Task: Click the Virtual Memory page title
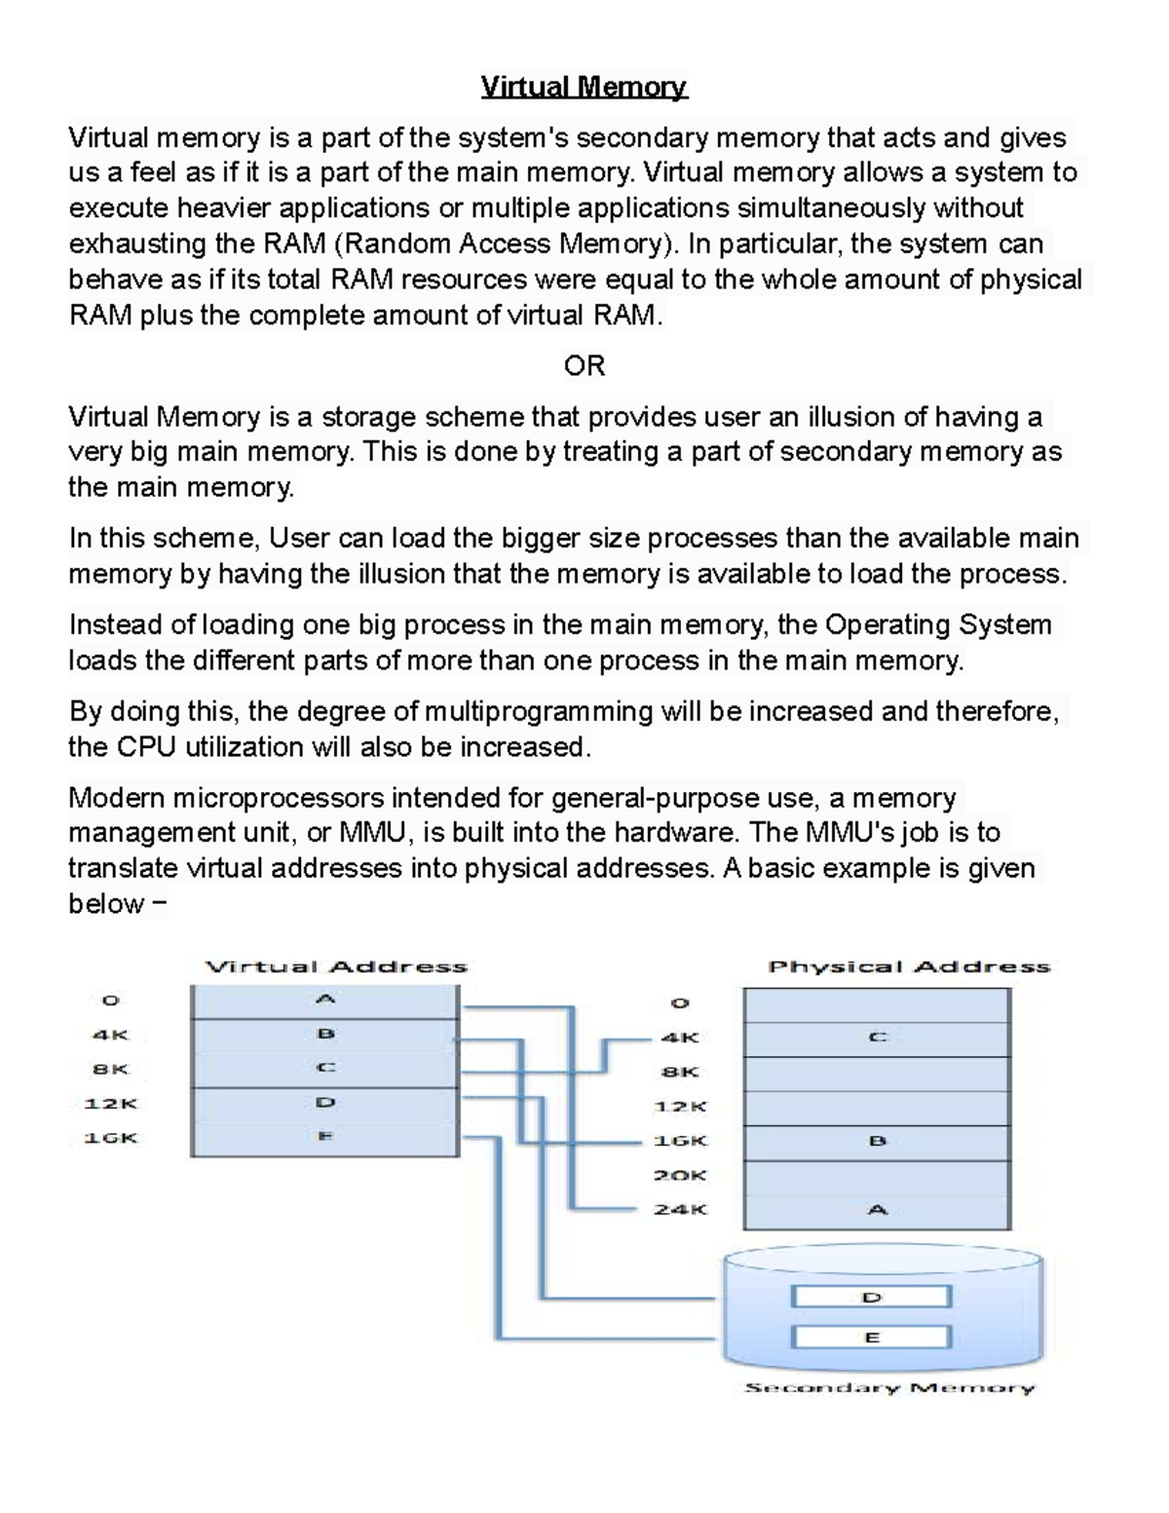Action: click(x=584, y=88)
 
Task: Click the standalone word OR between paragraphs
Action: click(x=584, y=366)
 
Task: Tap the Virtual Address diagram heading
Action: click(x=336, y=967)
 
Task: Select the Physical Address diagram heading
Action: click(x=909, y=967)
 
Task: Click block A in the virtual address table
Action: click(x=325, y=1000)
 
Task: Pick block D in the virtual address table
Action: click(x=325, y=1103)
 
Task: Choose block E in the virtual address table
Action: click(x=325, y=1137)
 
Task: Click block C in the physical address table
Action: click(x=877, y=1038)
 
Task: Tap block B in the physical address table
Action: click(x=877, y=1141)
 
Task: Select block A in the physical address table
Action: click(x=877, y=1210)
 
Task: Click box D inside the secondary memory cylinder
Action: click(x=871, y=1298)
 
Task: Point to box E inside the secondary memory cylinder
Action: click(x=871, y=1338)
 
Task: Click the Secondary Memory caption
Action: click(x=889, y=1388)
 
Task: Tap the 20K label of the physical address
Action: click(x=680, y=1176)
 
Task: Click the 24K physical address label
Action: click(x=680, y=1210)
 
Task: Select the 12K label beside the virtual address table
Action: click(x=110, y=1104)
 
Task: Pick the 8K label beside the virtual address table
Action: click(x=110, y=1069)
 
